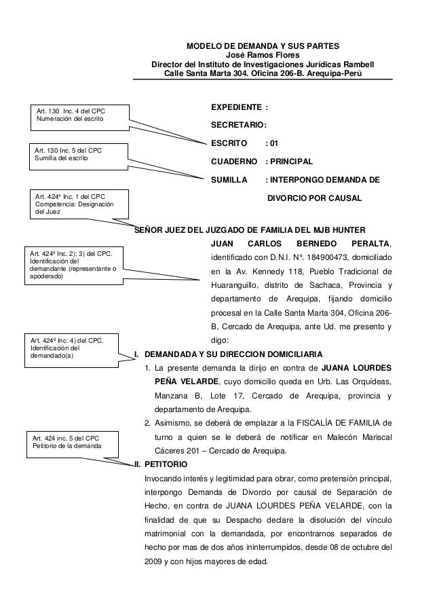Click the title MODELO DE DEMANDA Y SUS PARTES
(264, 46)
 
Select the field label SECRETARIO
(239, 126)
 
